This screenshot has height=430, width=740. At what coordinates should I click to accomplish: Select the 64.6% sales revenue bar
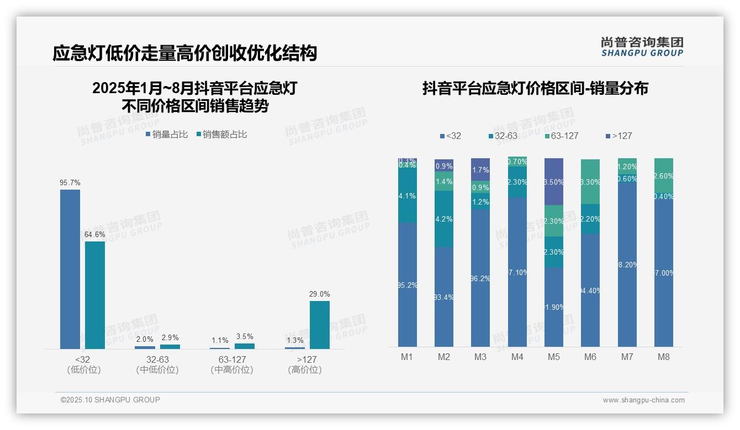pyautogui.click(x=95, y=295)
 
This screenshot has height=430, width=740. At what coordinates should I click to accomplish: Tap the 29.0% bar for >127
pyautogui.click(x=319, y=325)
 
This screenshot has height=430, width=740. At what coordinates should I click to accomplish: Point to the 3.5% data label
pyautogui.click(x=244, y=336)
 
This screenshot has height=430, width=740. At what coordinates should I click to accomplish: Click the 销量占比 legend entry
pyautogui.click(x=167, y=135)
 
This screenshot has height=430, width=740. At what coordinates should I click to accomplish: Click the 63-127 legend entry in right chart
pyautogui.click(x=561, y=136)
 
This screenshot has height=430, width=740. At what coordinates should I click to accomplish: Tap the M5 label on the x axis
pyautogui.click(x=553, y=357)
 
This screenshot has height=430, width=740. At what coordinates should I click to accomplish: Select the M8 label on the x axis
pyautogui.click(x=663, y=357)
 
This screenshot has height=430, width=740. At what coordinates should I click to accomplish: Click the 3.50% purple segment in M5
pyautogui.click(x=553, y=182)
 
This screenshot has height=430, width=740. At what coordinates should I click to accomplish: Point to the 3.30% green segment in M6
pyautogui.click(x=590, y=182)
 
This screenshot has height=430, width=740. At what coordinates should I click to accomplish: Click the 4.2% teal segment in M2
pyautogui.click(x=443, y=219)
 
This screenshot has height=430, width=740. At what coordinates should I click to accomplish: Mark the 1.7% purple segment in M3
pyautogui.click(x=480, y=170)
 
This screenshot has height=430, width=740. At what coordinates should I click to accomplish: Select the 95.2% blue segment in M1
pyautogui.click(x=407, y=284)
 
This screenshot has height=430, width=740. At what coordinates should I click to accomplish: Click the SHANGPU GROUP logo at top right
pyautogui.click(x=642, y=47)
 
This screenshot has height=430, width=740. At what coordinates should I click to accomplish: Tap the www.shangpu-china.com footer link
pyautogui.click(x=643, y=400)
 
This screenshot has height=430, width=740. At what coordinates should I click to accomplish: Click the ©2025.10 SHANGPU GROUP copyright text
pyautogui.click(x=110, y=400)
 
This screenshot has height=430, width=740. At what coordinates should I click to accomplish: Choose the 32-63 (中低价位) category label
pyautogui.click(x=157, y=364)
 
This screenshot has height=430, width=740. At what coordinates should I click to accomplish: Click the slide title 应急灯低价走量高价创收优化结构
pyautogui.click(x=184, y=53)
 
